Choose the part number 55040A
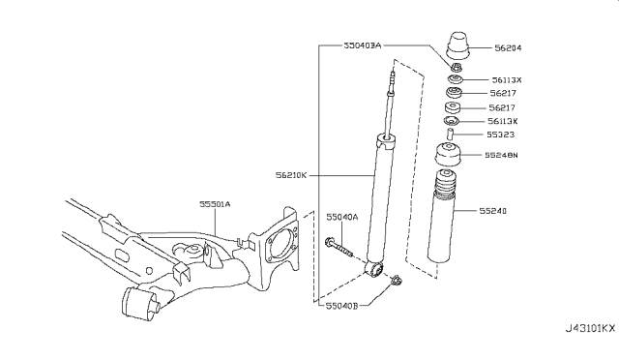[x=341, y=218]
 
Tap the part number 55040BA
[x=363, y=45]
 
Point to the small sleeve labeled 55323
[x=450, y=135]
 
